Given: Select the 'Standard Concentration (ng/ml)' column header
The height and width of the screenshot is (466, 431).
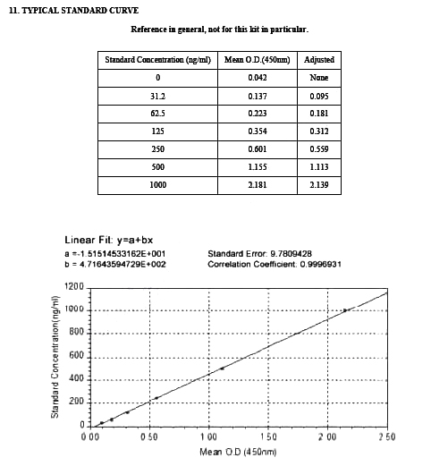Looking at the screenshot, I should (x=157, y=60).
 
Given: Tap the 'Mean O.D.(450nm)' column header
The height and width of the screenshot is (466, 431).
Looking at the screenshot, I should (x=258, y=60).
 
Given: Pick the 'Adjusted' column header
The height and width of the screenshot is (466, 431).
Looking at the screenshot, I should (x=318, y=60).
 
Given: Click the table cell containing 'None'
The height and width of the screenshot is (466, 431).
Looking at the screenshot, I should (x=318, y=78).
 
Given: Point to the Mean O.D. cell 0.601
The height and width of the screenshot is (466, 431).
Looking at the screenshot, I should (x=258, y=149).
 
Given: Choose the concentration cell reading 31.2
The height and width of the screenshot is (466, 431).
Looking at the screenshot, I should (x=157, y=96).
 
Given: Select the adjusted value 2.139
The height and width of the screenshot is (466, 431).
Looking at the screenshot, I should (x=318, y=185).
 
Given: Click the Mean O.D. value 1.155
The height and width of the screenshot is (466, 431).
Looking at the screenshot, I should (x=258, y=167).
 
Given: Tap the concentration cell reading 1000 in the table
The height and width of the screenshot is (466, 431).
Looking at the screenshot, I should (x=157, y=185).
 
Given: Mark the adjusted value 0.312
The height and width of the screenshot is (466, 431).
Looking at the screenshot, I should (x=318, y=131).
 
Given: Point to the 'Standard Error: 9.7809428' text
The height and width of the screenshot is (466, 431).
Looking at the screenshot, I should (x=259, y=254).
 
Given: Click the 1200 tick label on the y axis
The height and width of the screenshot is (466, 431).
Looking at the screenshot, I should (x=73, y=287).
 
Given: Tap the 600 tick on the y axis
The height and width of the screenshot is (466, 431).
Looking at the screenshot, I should (x=76, y=356).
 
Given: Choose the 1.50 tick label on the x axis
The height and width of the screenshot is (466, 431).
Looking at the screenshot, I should (x=268, y=436).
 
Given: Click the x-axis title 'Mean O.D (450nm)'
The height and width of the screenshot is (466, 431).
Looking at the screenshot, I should (x=238, y=452).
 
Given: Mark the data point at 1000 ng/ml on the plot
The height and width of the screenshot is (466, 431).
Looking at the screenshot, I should (x=345, y=310).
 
